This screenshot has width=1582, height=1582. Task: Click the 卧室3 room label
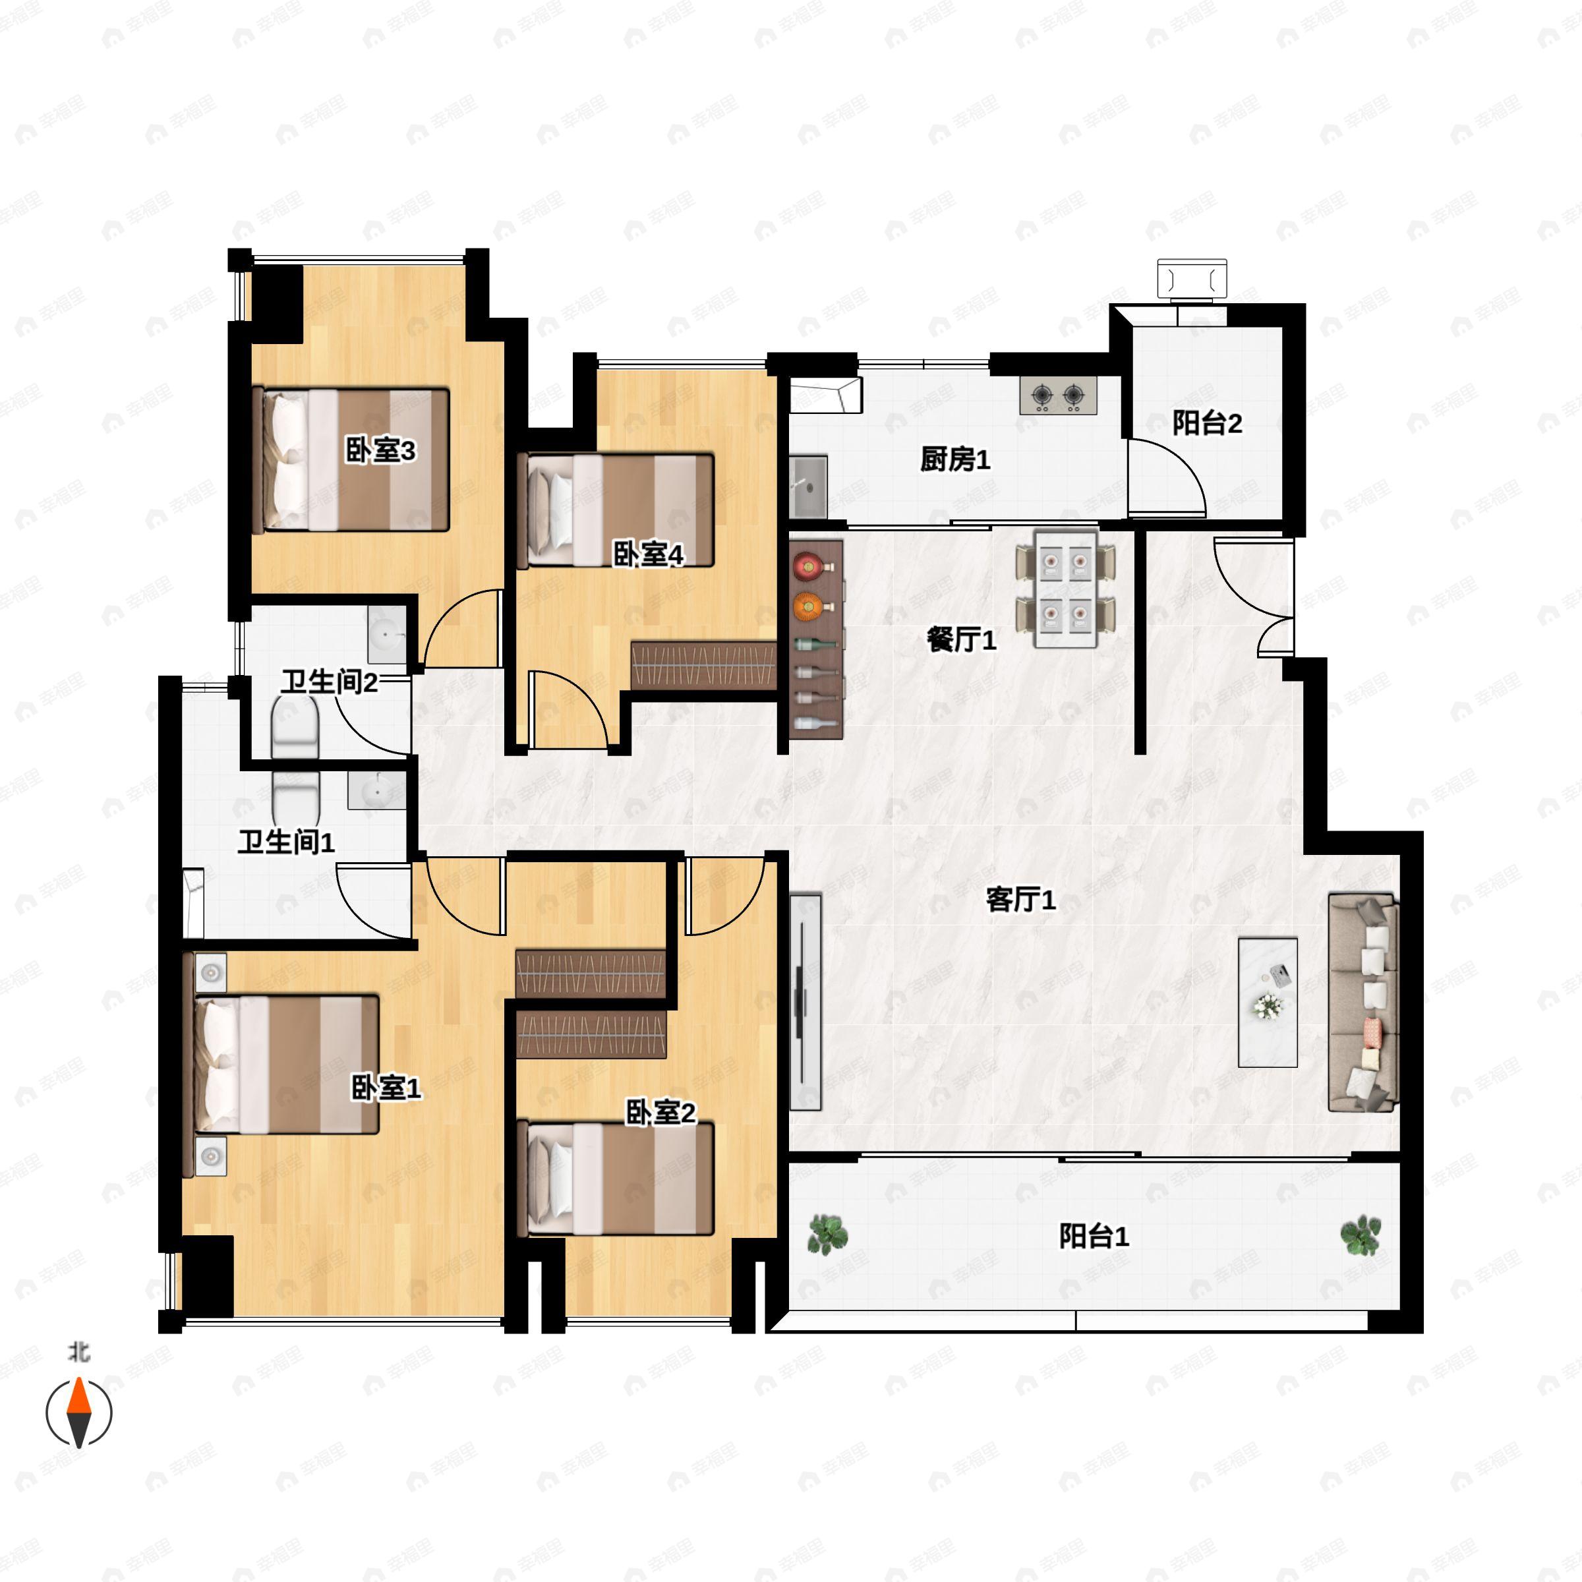point(380,450)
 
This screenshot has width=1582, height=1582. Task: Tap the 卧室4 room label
point(648,554)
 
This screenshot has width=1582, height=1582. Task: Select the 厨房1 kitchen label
point(954,459)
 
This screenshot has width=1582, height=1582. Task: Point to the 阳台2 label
point(1207,423)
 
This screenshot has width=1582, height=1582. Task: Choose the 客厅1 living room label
point(1020,900)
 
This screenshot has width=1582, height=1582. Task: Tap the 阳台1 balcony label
point(1094,1236)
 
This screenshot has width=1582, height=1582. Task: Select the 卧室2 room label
point(660,1113)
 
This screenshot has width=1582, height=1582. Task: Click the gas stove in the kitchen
point(1058,396)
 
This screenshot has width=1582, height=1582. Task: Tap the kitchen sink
point(808,486)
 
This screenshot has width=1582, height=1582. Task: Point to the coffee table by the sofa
point(1268,1002)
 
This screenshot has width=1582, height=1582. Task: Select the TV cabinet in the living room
point(805,1001)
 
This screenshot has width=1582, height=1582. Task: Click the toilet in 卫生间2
point(295,726)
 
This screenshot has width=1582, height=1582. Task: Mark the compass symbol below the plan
point(78,1413)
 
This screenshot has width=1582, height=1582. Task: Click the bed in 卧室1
point(287,1064)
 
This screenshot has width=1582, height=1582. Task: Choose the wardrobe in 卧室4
point(703,665)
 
